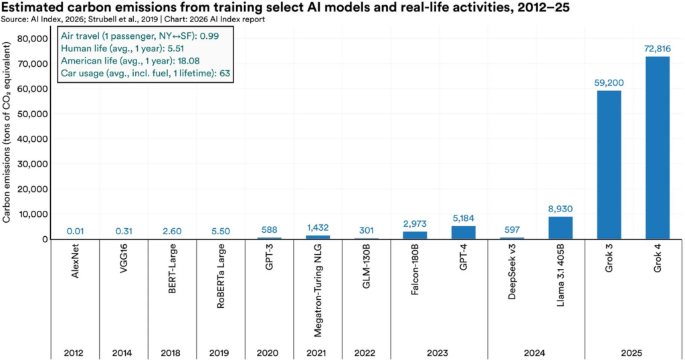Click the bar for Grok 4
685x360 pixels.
[657, 148]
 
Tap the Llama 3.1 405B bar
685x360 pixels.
[560, 228]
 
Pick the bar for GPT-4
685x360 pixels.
[463, 232]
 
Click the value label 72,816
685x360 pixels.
[657, 50]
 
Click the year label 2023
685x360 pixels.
[438, 352]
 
